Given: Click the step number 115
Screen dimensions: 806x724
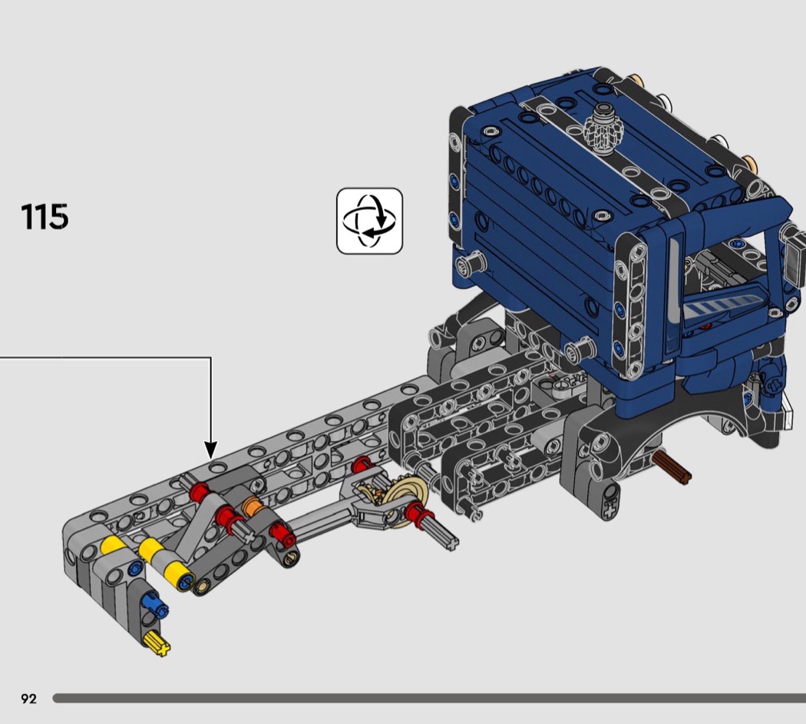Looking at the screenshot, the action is pos(45,217).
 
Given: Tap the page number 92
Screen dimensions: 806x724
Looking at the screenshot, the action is pos(29,699).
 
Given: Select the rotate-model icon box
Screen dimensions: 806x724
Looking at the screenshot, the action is pos(369,221).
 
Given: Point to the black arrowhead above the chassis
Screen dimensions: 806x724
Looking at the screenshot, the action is pos(211,449).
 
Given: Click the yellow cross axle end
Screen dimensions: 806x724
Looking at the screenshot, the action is pos(158,644).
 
